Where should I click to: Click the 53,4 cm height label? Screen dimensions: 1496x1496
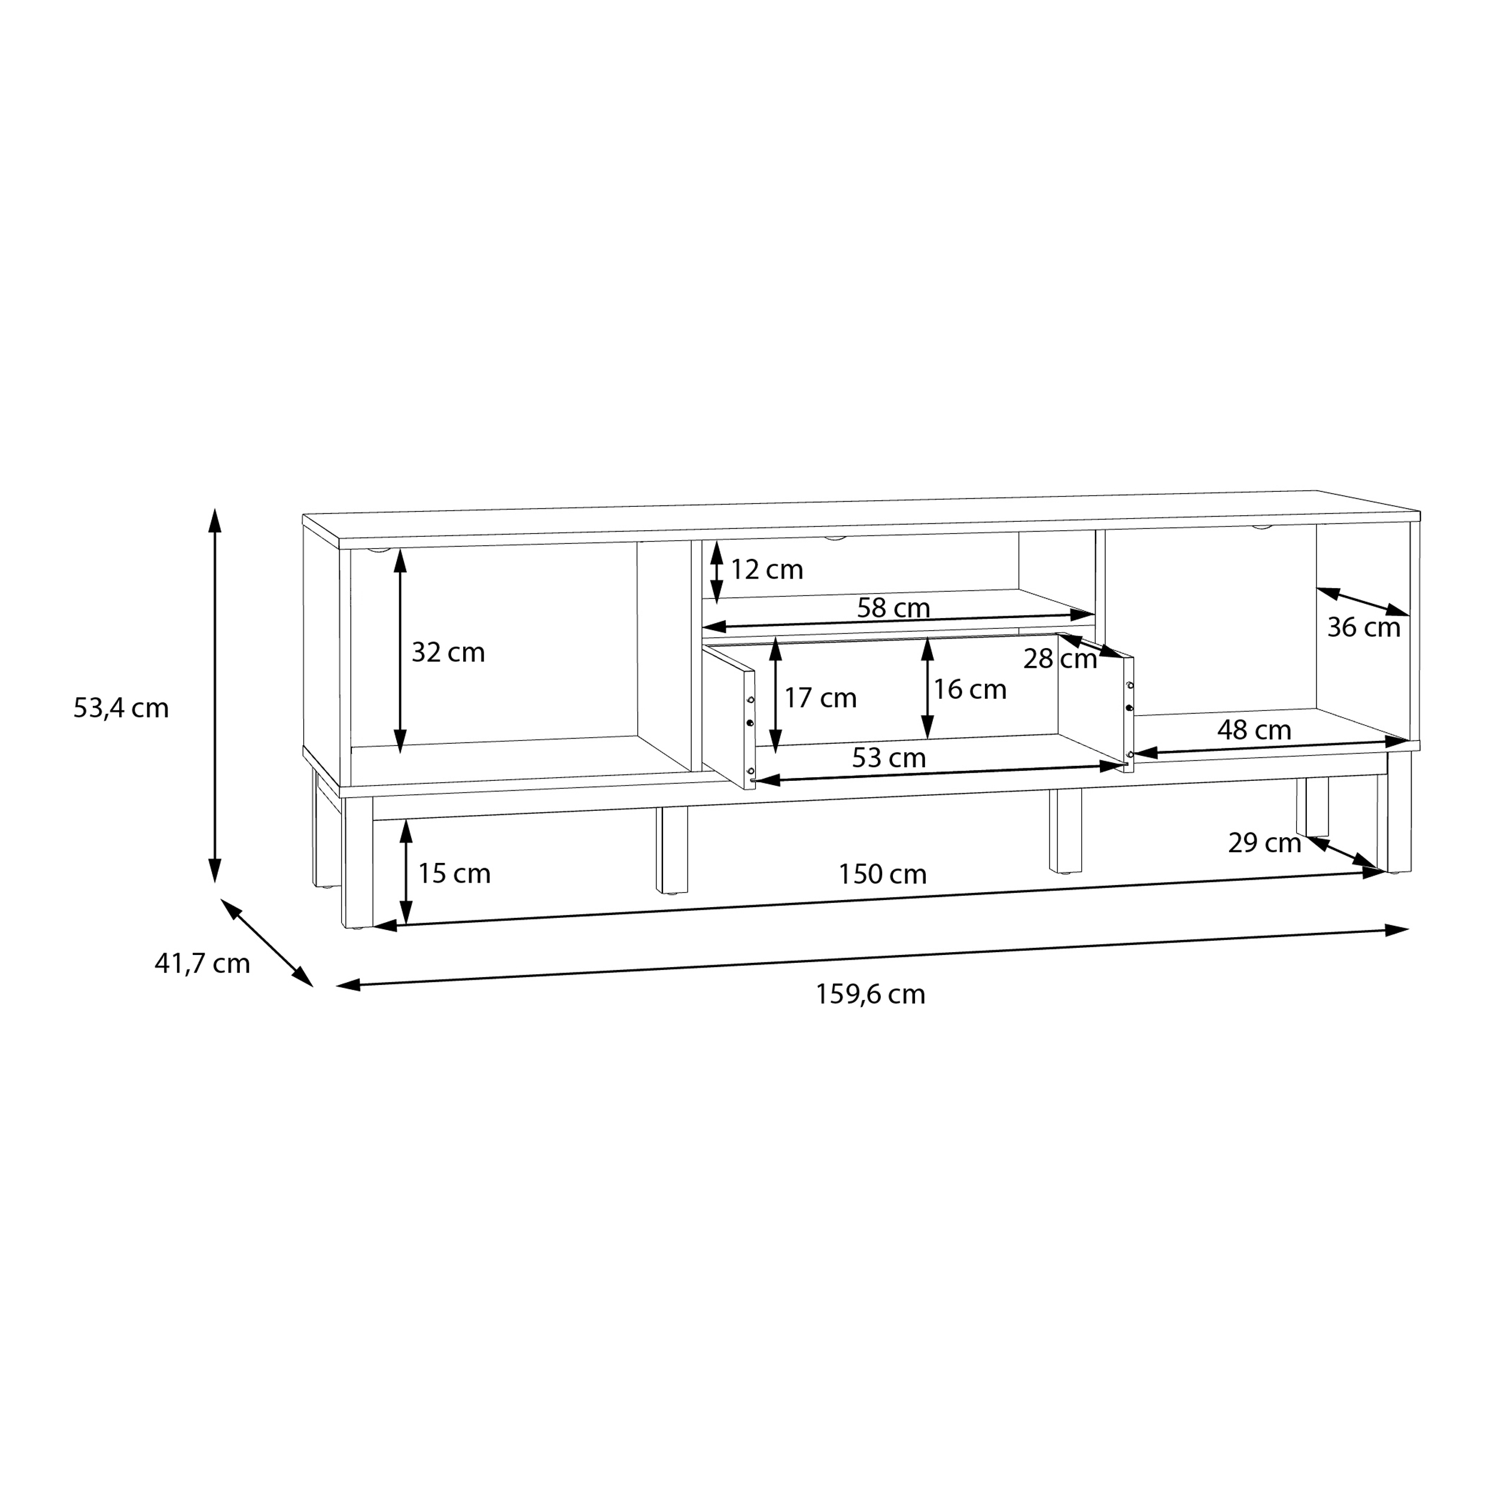tap(121, 708)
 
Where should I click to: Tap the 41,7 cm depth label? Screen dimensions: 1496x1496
tap(202, 963)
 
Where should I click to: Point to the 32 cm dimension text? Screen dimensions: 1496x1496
tap(448, 652)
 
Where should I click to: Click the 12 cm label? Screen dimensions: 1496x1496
tap(767, 569)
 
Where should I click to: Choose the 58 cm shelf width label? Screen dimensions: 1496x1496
tap(893, 608)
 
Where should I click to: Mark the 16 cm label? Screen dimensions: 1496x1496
tap(969, 689)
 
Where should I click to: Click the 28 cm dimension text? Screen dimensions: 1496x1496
tap(1059, 659)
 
